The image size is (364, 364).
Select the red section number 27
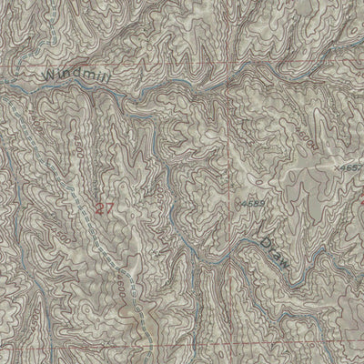click(x=105, y=207)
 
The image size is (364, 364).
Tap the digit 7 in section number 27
click(x=110, y=207)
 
